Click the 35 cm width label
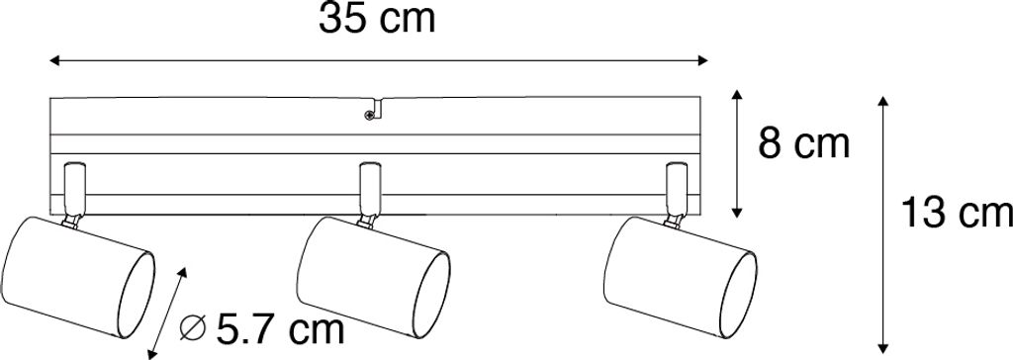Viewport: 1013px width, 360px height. (377, 20)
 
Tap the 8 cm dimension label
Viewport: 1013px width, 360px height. (803, 144)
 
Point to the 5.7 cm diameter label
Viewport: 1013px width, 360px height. (280, 329)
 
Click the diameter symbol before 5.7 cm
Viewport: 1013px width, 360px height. (193, 330)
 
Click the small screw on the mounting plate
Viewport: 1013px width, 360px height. (369, 116)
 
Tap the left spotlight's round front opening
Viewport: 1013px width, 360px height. (136, 296)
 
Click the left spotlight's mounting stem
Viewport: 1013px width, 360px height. (73, 194)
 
